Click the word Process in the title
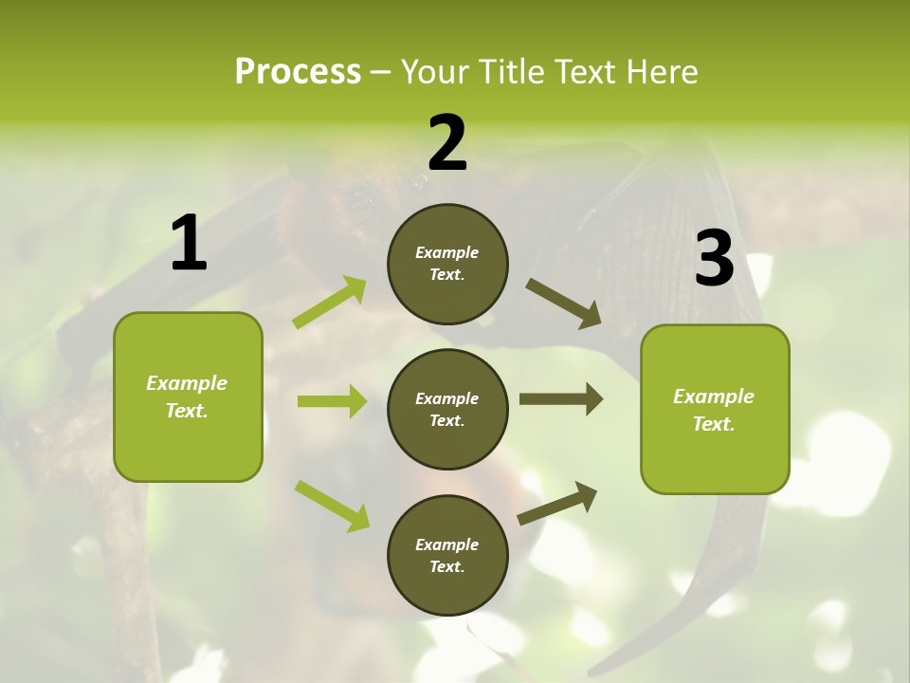(x=298, y=71)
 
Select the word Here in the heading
(x=660, y=71)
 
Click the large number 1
(x=189, y=243)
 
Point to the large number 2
(x=447, y=143)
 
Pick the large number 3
(x=714, y=259)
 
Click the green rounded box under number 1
(x=188, y=397)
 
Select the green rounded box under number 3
(x=715, y=409)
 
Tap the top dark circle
(x=447, y=264)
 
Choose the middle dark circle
(x=447, y=409)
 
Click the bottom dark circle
(x=447, y=555)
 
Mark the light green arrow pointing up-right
(x=330, y=303)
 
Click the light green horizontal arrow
(x=332, y=401)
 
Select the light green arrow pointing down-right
(x=332, y=506)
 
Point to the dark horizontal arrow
(x=561, y=399)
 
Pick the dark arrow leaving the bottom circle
(x=557, y=504)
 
